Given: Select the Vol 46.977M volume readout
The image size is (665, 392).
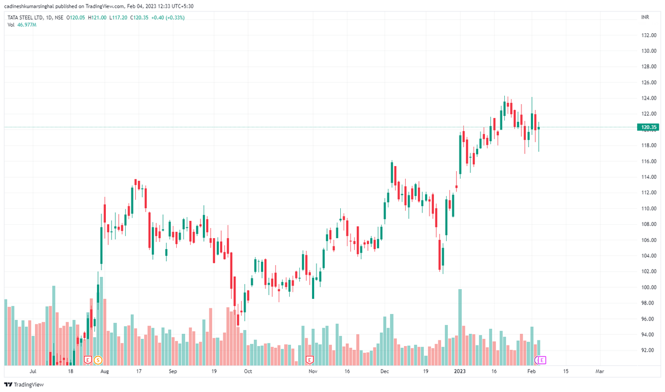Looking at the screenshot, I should coord(22,25).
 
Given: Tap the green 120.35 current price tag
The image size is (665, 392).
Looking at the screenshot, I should coord(648,127).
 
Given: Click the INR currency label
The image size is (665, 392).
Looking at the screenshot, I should coord(644,18).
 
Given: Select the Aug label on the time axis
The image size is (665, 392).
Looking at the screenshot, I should coord(105,372).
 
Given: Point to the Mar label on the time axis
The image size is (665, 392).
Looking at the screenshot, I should coord(600,372).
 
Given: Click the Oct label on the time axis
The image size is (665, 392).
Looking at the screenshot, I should coord(248,372).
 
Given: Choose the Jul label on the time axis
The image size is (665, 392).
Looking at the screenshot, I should coord(33,372).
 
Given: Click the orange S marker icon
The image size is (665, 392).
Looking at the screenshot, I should coord(98,360).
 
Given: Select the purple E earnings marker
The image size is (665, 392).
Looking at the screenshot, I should coord(543,360).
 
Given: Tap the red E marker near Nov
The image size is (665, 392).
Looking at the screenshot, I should coord(310,360).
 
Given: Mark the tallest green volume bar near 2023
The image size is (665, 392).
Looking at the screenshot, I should coord(459,327).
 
